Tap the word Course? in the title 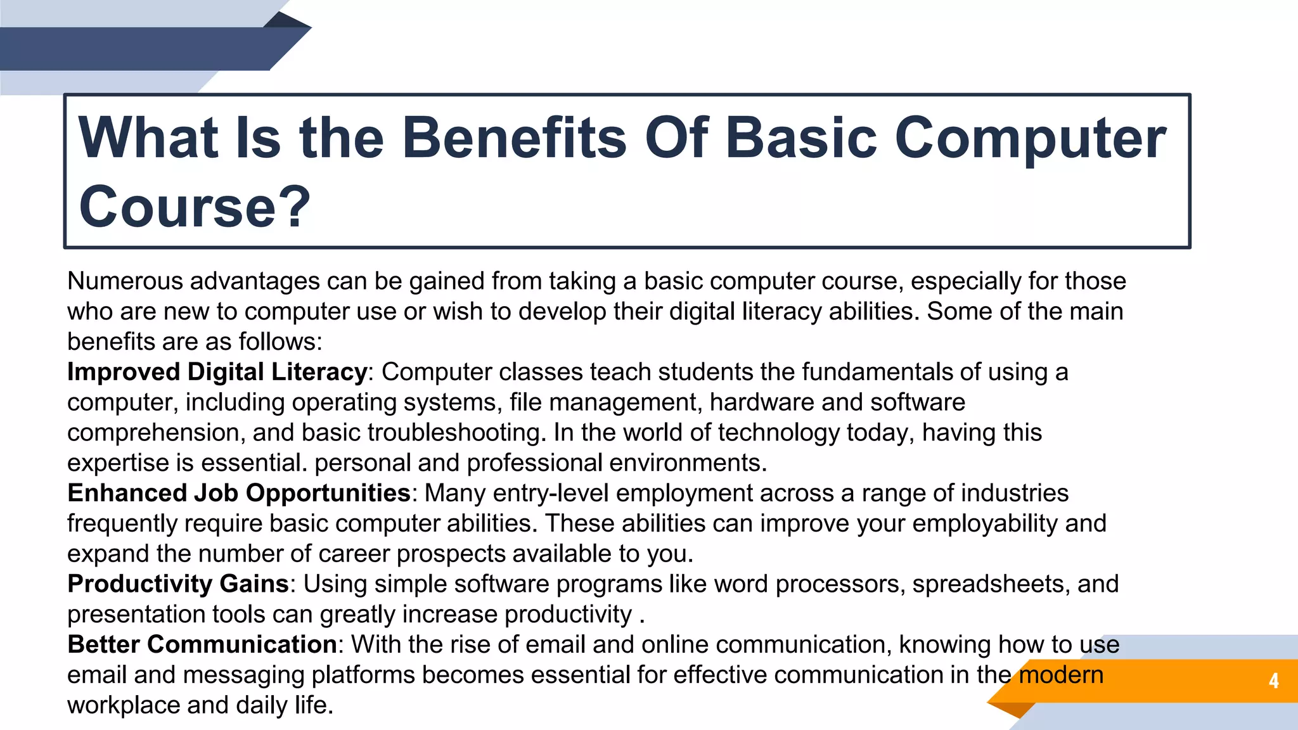[195, 207]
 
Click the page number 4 [1273, 681]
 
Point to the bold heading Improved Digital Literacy [217, 372]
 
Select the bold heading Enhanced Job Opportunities [239, 493]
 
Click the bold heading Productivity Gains [178, 584]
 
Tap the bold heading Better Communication [202, 644]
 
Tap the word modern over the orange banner [1061, 675]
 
